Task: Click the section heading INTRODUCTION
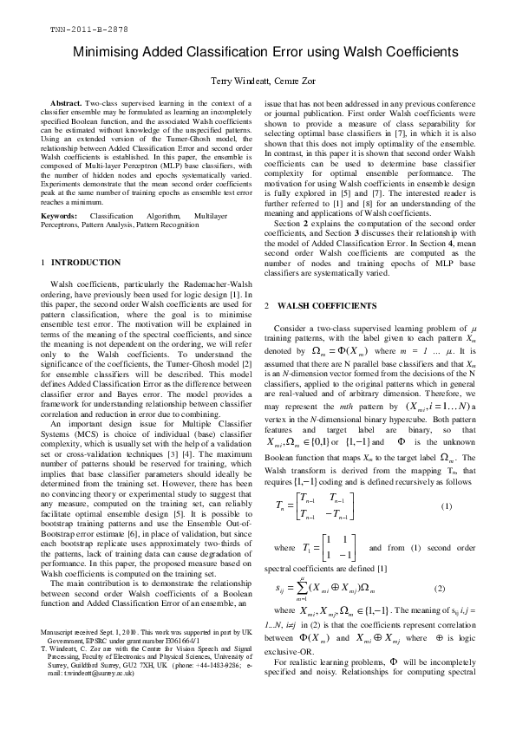pyautogui.click(x=86, y=262)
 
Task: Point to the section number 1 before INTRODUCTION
pyautogui.click(x=42, y=262)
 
